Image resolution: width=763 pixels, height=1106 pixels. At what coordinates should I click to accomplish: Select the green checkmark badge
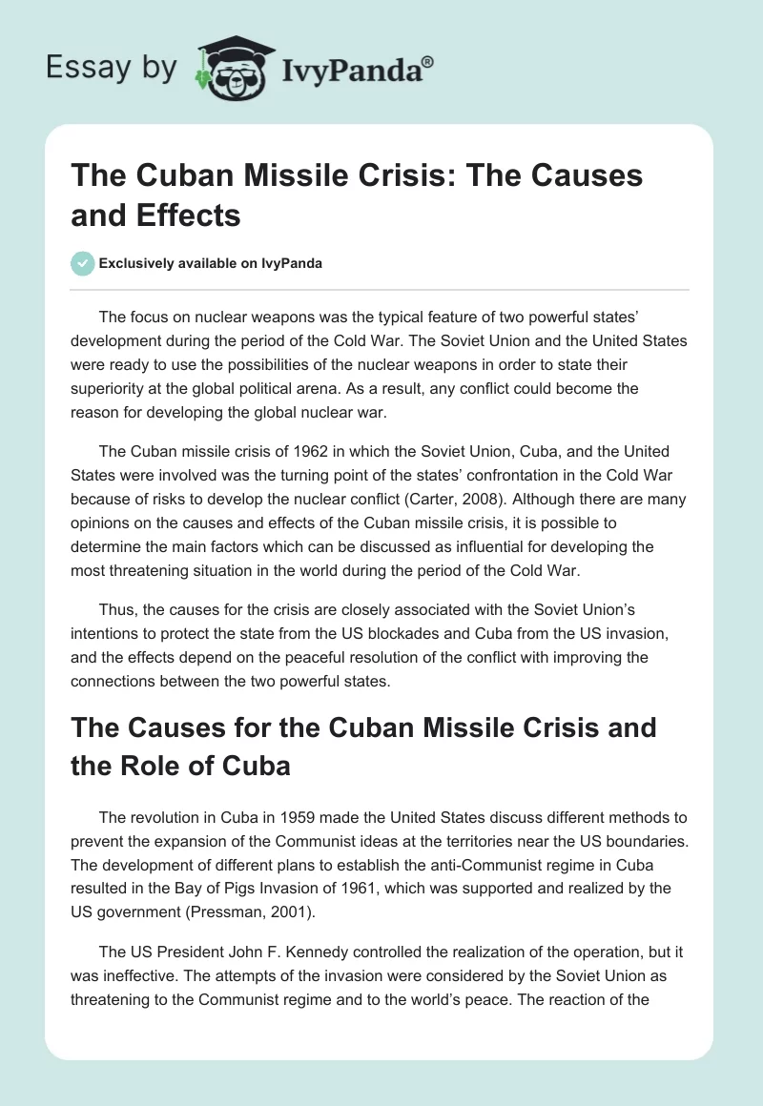(x=82, y=263)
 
